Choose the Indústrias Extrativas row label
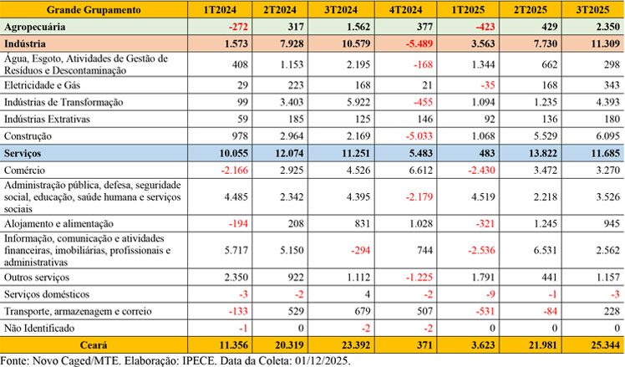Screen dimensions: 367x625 [48, 119]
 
